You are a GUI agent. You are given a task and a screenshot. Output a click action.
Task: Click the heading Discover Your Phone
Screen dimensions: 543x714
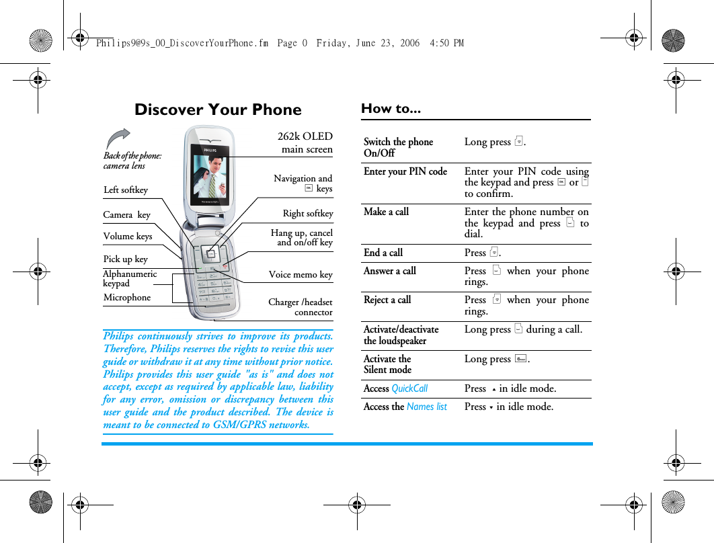(x=218, y=110)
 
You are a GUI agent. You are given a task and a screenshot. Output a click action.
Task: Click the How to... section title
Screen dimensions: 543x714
(x=391, y=108)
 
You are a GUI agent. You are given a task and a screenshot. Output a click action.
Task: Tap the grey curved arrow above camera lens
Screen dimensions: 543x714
(x=118, y=138)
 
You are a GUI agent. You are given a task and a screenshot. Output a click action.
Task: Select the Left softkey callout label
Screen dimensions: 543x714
(x=126, y=190)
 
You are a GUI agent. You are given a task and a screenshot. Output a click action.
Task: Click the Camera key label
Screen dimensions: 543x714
(x=126, y=215)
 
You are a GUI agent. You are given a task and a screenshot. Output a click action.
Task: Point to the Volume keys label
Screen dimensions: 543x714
(x=128, y=237)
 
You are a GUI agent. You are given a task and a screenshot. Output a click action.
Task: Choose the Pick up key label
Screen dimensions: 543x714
(x=125, y=259)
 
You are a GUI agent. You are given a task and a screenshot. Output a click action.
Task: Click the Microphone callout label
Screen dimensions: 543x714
(x=127, y=298)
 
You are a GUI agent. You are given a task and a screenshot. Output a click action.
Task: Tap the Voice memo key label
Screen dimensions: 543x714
(x=301, y=275)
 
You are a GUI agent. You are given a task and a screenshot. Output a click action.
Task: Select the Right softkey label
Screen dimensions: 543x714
(x=307, y=214)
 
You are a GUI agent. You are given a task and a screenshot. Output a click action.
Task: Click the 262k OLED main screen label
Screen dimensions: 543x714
(x=306, y=142)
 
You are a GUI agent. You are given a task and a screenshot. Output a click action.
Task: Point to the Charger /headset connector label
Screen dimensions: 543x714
(x=301, y=307)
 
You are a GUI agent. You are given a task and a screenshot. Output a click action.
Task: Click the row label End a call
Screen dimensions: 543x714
(x=383, y=253)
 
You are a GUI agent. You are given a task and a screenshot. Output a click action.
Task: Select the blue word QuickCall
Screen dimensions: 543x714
(x=409, y=388)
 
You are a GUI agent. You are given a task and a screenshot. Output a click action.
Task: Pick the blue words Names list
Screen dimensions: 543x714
(x=426, y=407)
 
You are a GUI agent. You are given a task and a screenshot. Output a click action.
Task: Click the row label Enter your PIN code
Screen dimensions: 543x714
(x=405, y=171)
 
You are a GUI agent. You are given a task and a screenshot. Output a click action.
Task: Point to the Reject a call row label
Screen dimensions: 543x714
(x=387, y=300)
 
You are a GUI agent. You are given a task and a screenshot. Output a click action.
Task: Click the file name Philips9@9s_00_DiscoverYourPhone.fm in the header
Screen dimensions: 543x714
(x=182, y=43)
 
